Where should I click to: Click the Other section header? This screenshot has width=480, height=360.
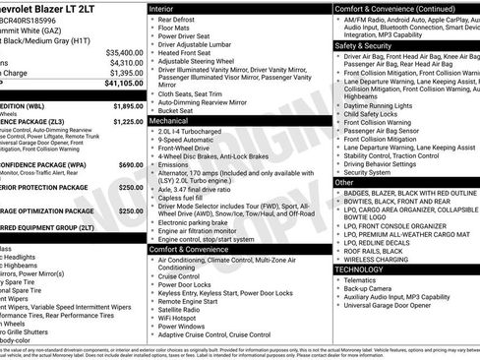click(x=344, y=182)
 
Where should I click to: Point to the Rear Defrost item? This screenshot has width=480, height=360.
click(x=182, y=19)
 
